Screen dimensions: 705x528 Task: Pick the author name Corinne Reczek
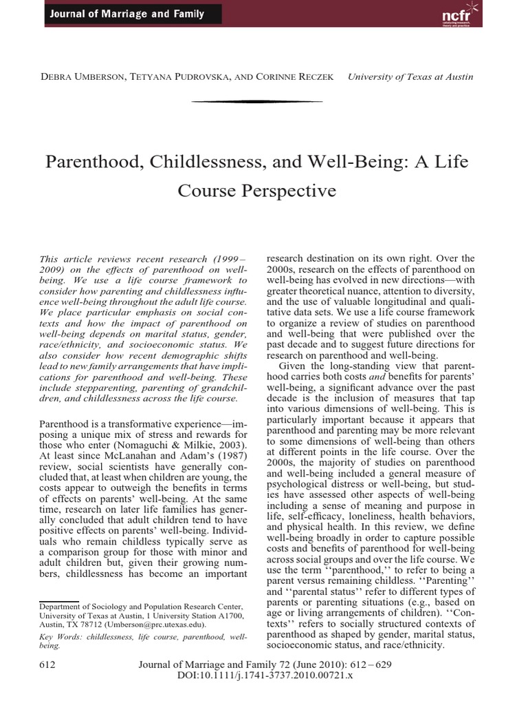coord(295,76)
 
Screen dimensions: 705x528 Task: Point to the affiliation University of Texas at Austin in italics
coord(410,76)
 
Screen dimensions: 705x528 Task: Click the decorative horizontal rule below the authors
coord(257,101)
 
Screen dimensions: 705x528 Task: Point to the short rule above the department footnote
coord(60,582)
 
